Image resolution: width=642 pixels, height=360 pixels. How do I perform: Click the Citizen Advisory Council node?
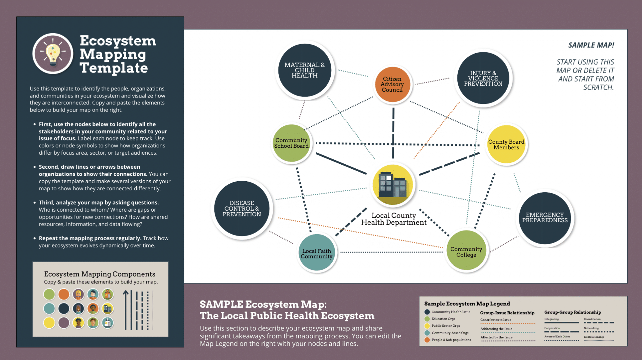point(392,84)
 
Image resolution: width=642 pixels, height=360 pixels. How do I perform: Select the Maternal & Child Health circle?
point(304,70)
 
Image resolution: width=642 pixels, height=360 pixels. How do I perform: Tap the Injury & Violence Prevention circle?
point(483,78)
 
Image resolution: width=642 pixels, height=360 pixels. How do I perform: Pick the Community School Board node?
point(291,143)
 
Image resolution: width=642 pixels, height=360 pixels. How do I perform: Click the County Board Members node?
point(506,145)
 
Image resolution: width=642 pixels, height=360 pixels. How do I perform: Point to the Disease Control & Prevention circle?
point(242,209)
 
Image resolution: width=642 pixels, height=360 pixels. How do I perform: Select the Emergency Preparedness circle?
point(545,218)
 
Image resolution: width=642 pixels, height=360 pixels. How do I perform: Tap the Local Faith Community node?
point(316,253)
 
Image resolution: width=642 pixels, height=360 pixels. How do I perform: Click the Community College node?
point(466,251)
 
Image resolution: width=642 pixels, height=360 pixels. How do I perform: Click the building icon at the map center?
point(392,185)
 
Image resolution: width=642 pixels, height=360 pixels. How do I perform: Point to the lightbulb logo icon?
point(53,54)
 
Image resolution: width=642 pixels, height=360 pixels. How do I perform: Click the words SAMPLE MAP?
point(591,45)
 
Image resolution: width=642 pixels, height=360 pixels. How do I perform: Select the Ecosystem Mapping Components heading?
point(99,274)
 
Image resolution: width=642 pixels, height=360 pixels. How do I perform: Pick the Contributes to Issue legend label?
point(496,320)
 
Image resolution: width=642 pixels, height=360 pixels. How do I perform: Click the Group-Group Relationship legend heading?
point(572,312)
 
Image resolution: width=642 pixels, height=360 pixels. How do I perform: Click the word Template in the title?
point(113,68)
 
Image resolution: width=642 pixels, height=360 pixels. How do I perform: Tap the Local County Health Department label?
point(394,219)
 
